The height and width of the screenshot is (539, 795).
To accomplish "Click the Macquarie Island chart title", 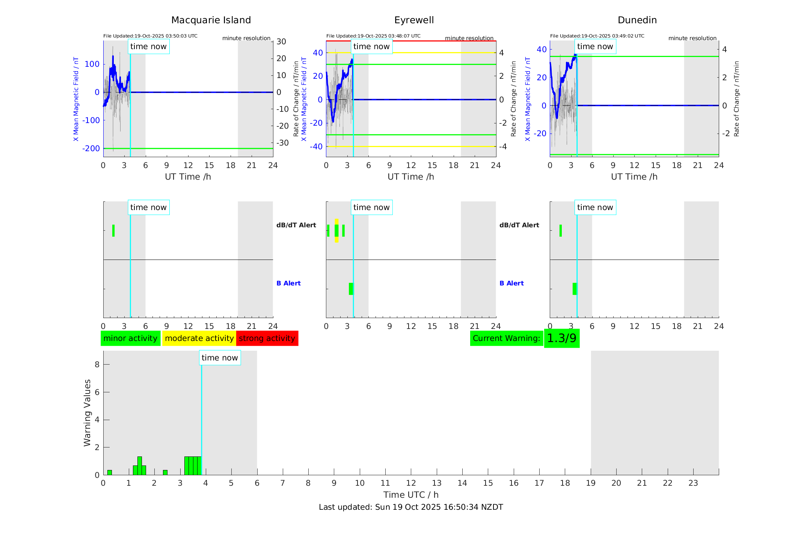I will click(211, 20).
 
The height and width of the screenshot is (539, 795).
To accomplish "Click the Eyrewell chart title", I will click(414, 20).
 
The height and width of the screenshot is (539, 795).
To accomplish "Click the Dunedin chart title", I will click(637, 20).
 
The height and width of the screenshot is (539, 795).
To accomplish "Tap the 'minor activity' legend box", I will click(130, 338).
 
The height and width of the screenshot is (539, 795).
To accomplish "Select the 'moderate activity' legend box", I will click(199, 338).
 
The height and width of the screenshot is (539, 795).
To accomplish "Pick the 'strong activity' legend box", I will click(267, 338).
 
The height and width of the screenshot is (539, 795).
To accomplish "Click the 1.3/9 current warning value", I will click(561, 338).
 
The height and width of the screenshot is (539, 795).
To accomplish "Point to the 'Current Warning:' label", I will click(506, 338).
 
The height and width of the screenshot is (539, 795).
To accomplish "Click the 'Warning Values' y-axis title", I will click(87, 413).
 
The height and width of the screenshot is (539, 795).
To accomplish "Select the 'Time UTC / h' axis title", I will click(411, 495).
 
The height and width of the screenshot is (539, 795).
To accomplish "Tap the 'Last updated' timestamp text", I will click(411, 507).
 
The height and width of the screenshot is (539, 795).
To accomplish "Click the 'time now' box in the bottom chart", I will click(220, 358).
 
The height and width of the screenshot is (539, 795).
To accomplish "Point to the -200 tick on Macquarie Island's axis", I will click(91, 149).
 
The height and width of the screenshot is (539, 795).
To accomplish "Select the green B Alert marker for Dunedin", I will click(575, 289).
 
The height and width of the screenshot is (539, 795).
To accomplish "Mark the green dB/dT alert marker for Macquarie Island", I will click(113, 231).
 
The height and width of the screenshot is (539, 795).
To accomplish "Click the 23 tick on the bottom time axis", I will click(693, 483).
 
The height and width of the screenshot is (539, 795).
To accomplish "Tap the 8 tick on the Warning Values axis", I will click(97, 365).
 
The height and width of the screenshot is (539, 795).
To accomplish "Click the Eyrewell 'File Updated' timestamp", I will click(373, 36).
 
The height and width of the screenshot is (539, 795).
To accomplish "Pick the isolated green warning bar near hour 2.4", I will click(165, 472).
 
